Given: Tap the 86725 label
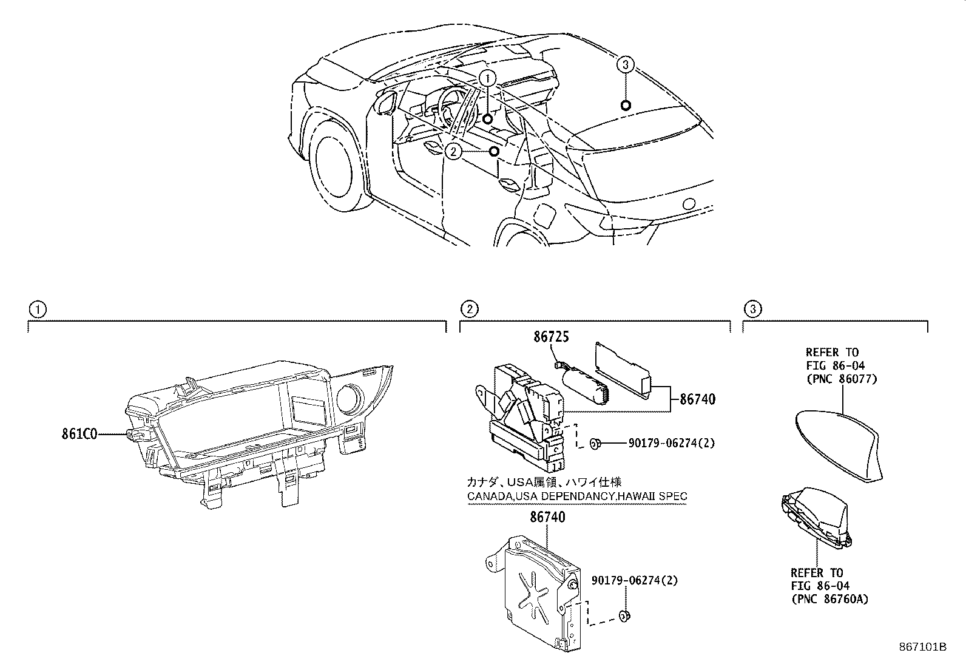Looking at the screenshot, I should tap(551, 337).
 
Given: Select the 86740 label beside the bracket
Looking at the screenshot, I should tap(697, 399).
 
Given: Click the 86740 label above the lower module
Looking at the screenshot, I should tap(547, 517).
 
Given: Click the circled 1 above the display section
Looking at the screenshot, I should tap(37, 310).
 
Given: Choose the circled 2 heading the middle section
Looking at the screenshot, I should tap(469, 310).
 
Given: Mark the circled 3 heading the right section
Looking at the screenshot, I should tap(752, 310).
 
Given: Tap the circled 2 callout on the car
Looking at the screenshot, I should tap(453, 151).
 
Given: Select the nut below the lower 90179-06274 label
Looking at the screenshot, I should tap(624, 617).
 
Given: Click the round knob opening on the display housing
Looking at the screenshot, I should tap(351, 398).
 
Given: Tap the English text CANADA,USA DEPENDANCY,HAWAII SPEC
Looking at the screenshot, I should tap(576, 496).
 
